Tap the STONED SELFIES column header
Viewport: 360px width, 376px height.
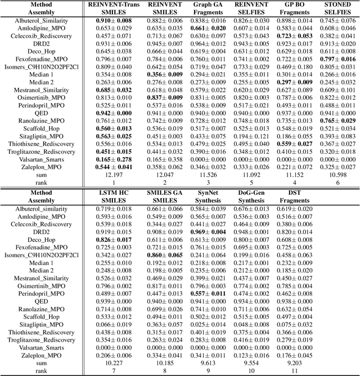[338, 8]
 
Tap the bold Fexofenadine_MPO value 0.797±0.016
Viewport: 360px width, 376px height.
[338, 59]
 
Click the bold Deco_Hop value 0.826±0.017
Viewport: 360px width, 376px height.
[110, 240]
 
